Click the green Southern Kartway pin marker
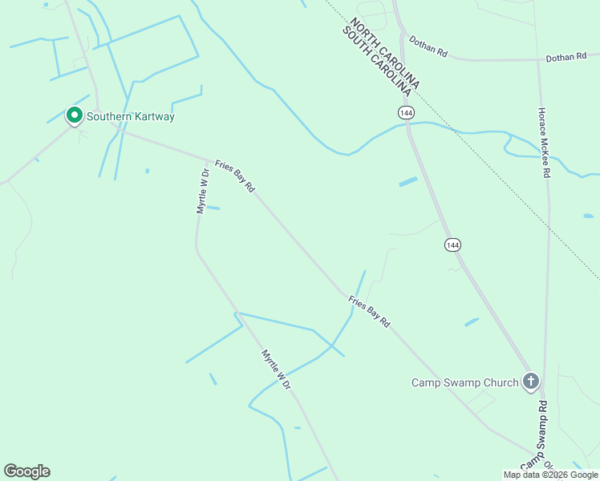pyautogui.click(x=74, y=116)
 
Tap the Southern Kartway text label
pyautogui.click(x=131, y=117)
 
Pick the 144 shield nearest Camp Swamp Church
pyautogui.click(x=454, y=245)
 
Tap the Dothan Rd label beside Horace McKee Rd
pyautogui.click(x=567, y=59)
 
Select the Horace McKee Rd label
pyautogui.click(x=544, y=143)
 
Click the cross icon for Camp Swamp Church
pyautogui.click(x=531, y=382)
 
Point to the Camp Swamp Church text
pyautogui.click(x=465, y=382)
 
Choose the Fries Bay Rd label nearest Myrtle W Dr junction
pyautogui.click(x=235, y=175)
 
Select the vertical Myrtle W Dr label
pyautogui.click(x=203, y=191)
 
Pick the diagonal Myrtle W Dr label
pyautogui.click(x=275, y=370)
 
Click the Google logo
pyautogui.click(x=26, y=471)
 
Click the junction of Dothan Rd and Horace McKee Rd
pyautogui.click(x=538, y=59)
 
